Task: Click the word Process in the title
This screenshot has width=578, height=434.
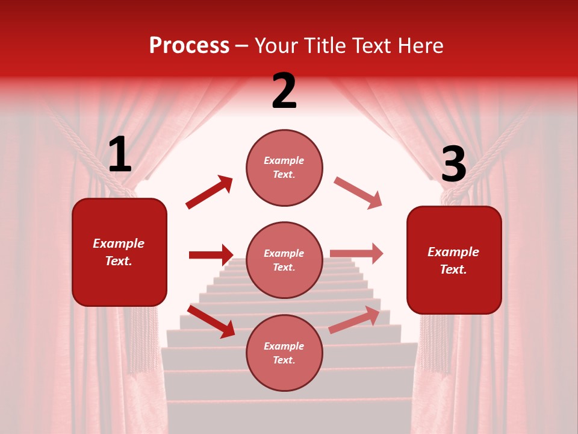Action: coord(189,46)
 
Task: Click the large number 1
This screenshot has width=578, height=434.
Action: coord(120,155)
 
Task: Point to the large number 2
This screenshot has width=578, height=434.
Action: coord(284,91)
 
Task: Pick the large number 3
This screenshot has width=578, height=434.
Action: coord(453,164)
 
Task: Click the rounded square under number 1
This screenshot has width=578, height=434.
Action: coord(119,252)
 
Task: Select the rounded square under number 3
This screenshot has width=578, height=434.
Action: coord(454,260)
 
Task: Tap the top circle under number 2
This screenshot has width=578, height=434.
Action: coord(284,168)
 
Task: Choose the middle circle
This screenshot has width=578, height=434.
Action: coord(284,260)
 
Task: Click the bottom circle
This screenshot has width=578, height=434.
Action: coord(284,353)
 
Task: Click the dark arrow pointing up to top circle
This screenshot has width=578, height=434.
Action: coord(210,192)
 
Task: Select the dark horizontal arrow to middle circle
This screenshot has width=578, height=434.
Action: coord(211,255)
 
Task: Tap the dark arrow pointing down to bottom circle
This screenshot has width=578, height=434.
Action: coord(211,321)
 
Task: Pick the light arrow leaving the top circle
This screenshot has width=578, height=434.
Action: coord(358,193)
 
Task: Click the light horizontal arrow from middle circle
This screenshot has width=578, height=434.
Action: coord(356,253)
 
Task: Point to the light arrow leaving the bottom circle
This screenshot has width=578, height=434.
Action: coord(354,319)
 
